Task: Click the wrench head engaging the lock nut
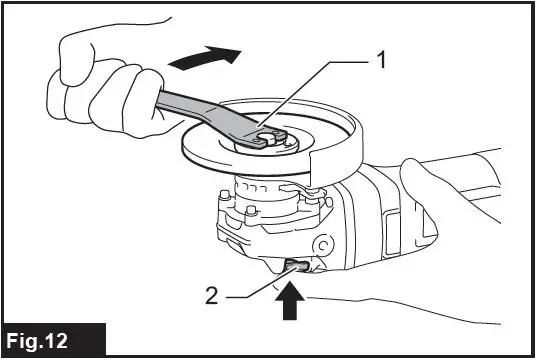tap(255, 136)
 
